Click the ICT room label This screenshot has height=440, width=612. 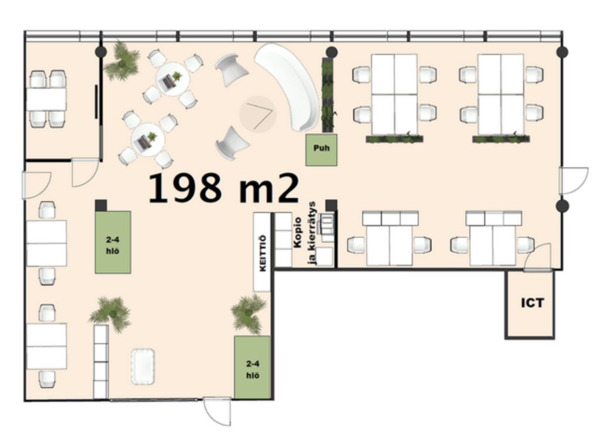[x=533, y=302]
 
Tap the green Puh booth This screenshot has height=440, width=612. [x=321, y=149]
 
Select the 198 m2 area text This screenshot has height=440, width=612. [x=224, y=188]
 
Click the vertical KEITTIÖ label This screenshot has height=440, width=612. [x=263, y=253]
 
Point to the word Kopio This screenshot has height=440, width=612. [x=298, y=233]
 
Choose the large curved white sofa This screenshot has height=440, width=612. [x=288, y=87]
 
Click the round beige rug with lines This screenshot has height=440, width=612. [x=258, y=114]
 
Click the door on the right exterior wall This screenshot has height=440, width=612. [x=574, y=181]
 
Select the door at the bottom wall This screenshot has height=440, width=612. [x=217, y=411]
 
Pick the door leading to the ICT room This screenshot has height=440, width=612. [x=537, y=257]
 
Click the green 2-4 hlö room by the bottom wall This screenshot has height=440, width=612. [x=252, y=367]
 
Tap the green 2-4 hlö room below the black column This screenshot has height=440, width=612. [x=113, y=242]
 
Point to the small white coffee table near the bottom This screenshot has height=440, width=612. [x=143, y=366]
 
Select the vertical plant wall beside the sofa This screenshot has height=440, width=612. [x=328, y=95]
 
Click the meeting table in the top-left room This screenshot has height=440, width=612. [x=47, y=99]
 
